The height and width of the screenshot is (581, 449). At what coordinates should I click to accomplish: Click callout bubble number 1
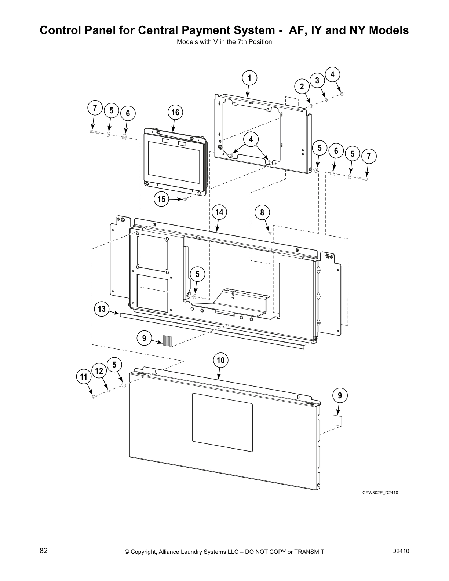(249, 78)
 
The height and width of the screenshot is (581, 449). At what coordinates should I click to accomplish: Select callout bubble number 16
(175, 112)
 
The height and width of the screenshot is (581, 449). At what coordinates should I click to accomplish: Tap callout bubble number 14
(219, 212)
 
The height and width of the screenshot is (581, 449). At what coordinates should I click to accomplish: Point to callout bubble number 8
(262, 212)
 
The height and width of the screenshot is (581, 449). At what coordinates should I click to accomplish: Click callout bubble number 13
(102, 309)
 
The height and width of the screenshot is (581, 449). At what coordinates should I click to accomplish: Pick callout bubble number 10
(220, 360)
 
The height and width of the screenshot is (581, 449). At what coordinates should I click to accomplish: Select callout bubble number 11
(84, 377)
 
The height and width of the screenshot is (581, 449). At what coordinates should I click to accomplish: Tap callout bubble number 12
(99, 371)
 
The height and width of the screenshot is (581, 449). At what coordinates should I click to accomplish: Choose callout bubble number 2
(302, 87)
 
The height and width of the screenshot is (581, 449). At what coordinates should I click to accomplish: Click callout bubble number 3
(317, 80)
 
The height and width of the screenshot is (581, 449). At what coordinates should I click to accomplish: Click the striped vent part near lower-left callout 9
(167, 341)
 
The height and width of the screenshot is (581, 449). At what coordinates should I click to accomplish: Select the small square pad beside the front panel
(337, 420)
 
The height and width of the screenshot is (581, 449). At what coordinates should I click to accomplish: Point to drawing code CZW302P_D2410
(380, 492)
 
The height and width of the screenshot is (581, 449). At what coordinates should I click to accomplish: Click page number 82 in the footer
(44, 551)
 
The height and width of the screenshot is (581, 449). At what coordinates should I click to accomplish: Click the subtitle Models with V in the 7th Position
(224, 42)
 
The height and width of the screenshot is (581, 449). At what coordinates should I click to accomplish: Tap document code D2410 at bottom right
(401, 551)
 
